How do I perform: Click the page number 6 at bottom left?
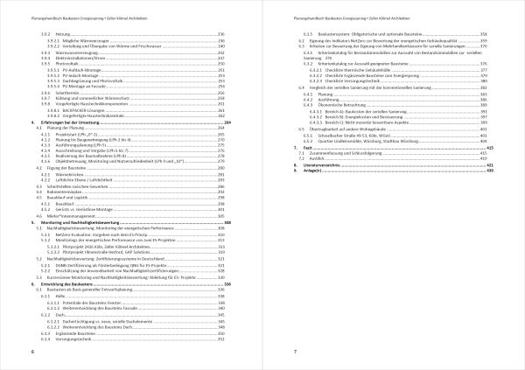32,351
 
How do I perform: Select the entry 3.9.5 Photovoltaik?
65,65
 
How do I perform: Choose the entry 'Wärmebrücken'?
73,175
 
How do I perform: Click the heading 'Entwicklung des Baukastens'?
73,284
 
